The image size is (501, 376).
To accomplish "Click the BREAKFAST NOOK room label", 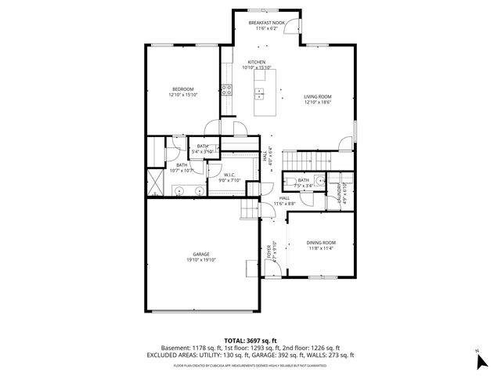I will coord(266,23).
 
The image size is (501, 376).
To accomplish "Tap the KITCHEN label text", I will coord(257,62).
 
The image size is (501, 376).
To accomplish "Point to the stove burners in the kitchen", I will coord(226,89).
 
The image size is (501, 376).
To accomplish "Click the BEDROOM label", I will coord(183,89).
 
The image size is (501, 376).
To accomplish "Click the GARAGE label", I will coord(201,255).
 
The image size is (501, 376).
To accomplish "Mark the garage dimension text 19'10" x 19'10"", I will coord(201,260).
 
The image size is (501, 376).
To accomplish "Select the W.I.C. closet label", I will coord(231,175).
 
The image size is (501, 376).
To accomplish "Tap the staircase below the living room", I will coord(297,160).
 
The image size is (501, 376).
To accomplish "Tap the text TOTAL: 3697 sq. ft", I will coord(250,341).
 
